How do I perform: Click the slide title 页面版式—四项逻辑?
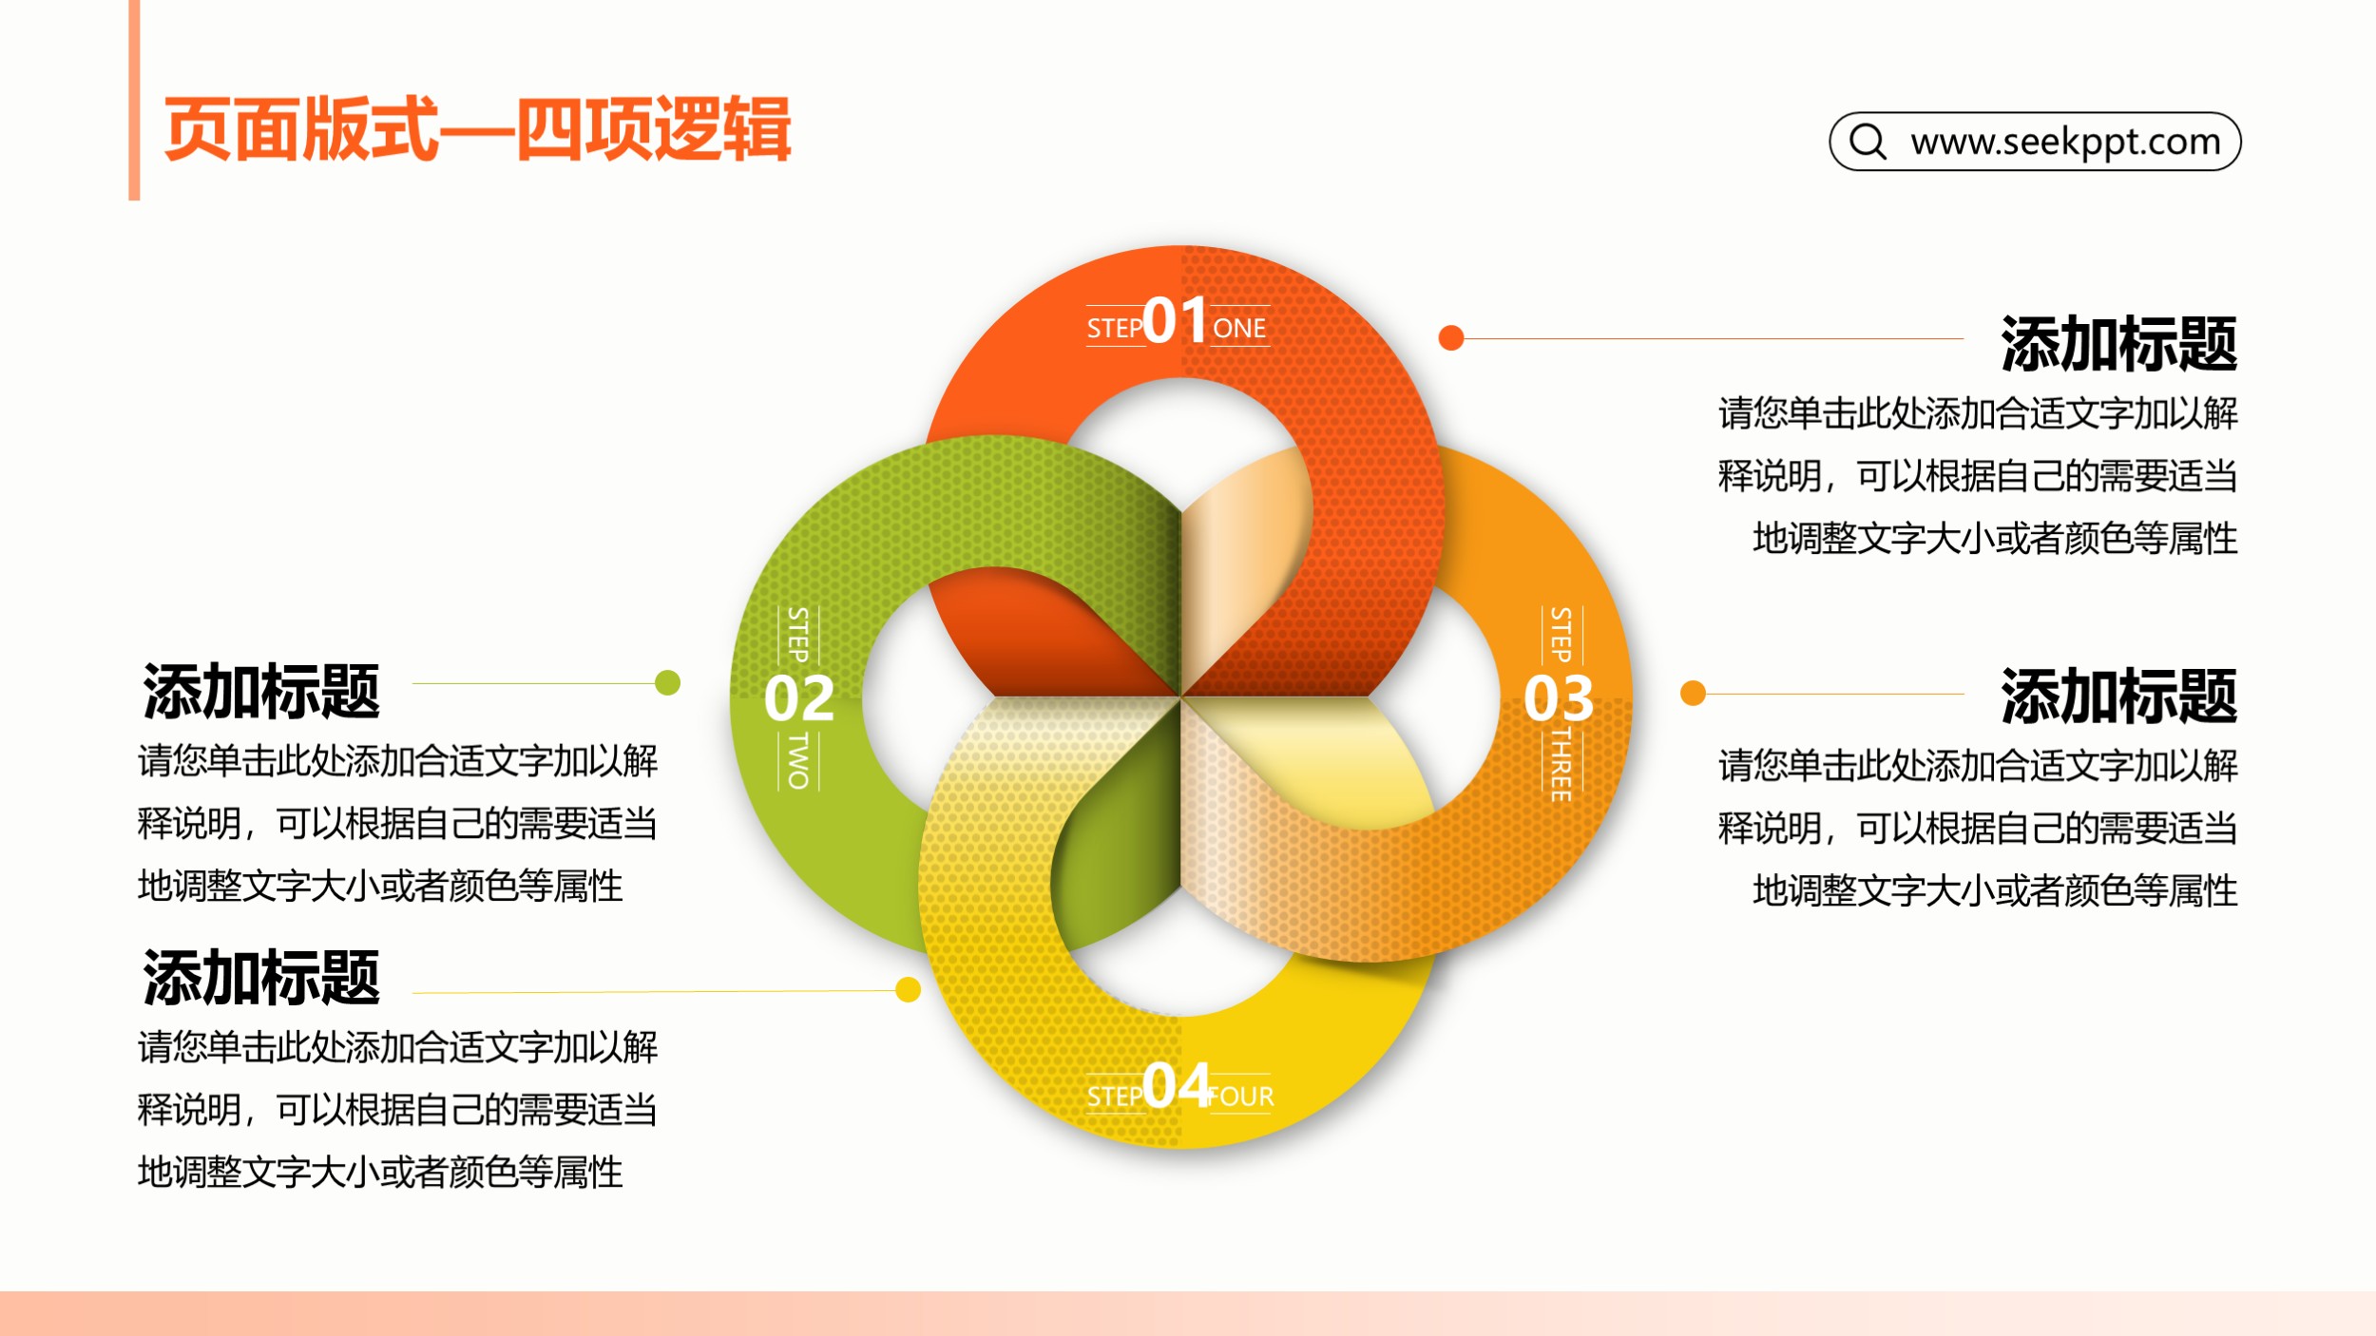pyautogui.click(x=477, y=129)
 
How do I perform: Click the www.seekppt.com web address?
pyautogui.click(x=2065, y=142)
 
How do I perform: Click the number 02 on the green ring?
pyautogui.click(x=799, y=698)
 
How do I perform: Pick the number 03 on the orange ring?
pyautogui.click(x=1559, y=698)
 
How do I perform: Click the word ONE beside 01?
pyautogui.click(x=1239, y=329)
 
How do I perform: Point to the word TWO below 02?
pyautogui.click(x=799, y=761)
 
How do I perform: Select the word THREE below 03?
pyautogui.click(x=1561, y=765)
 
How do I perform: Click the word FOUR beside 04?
pyautogui.click(x=1241, y=1097)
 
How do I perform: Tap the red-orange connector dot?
pyautogui.click(x=1451, y=337)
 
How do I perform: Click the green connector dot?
pyautogui.click(x=668, y=682)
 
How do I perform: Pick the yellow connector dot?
pyautogui.click(x=909, y=990)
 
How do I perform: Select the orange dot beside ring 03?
pyautogui.click(x=1693, y=693)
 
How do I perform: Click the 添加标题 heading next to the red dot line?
pyautogui.click(x=2118, y=343)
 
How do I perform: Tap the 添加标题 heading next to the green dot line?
pyautogui.click(x=261, y=691)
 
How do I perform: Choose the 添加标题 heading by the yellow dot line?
pyautogui.click(x=261, y=977)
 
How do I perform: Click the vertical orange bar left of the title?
pyautogui.click(x=134, y=100)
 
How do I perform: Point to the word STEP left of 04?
pyautogui.click(x=1115, y=1097)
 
